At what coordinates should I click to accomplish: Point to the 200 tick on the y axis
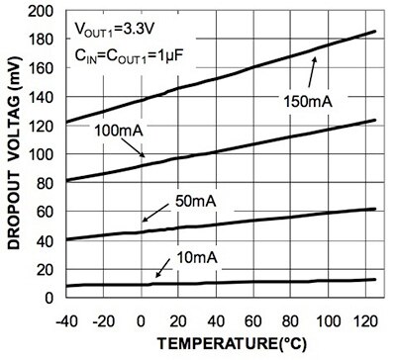(42, 13)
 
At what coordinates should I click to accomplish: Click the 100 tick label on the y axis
(42, 155)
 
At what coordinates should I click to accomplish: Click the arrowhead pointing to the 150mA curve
(316, 58)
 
